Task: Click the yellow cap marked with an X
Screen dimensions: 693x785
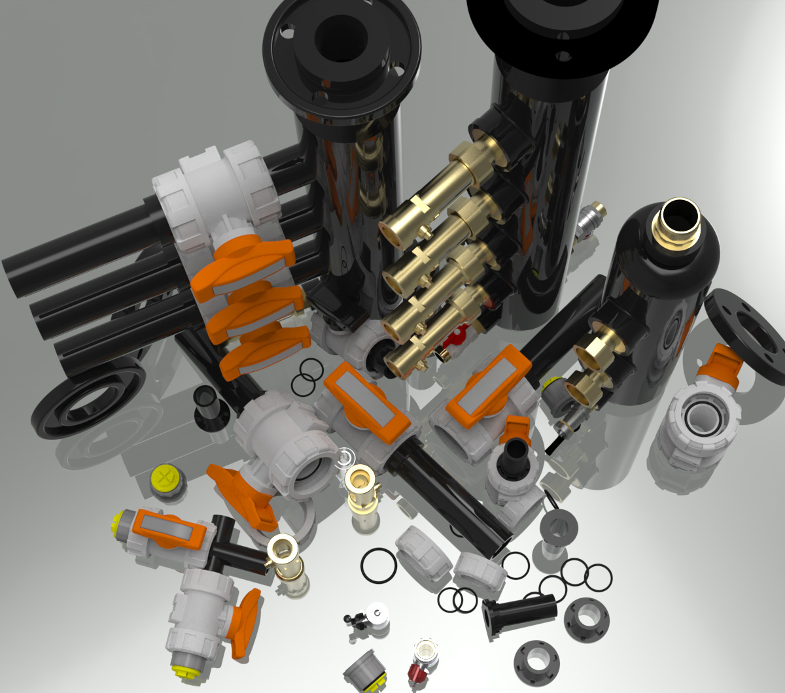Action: [x=166, y=479]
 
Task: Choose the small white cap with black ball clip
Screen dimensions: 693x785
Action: [x=377, y=615]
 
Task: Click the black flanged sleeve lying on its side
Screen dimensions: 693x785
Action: [x=519, y=613]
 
